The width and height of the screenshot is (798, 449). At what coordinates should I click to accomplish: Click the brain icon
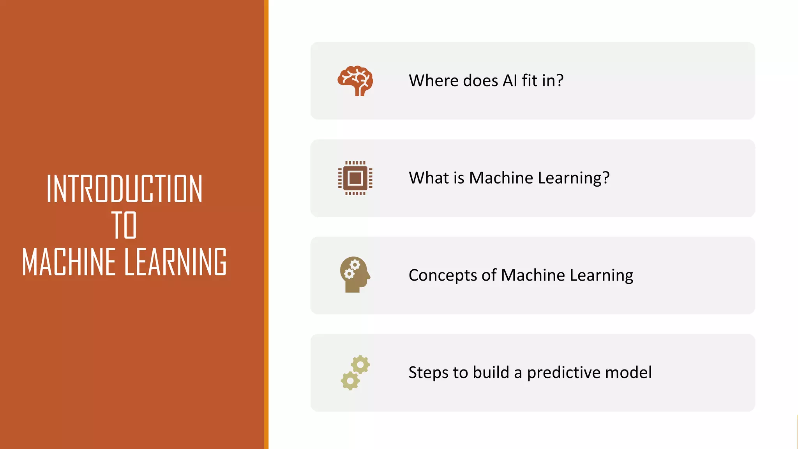355,81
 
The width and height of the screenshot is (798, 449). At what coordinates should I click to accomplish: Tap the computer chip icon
355,178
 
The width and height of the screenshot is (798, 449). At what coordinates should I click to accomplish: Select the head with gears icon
355,274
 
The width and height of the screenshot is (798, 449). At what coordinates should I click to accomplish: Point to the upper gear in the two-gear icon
360,365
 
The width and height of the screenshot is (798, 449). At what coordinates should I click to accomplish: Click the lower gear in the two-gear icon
350,380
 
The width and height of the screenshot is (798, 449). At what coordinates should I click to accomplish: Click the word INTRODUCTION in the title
124,189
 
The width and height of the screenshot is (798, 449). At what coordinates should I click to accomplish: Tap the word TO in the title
124,225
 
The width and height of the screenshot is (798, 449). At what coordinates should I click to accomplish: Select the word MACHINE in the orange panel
69,262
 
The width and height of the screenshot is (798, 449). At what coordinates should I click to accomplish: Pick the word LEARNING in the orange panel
176,262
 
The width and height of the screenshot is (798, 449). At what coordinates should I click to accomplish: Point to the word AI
510,81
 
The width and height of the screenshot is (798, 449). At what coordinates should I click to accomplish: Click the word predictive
564,373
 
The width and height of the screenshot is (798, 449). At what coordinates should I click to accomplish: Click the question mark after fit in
560,81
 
